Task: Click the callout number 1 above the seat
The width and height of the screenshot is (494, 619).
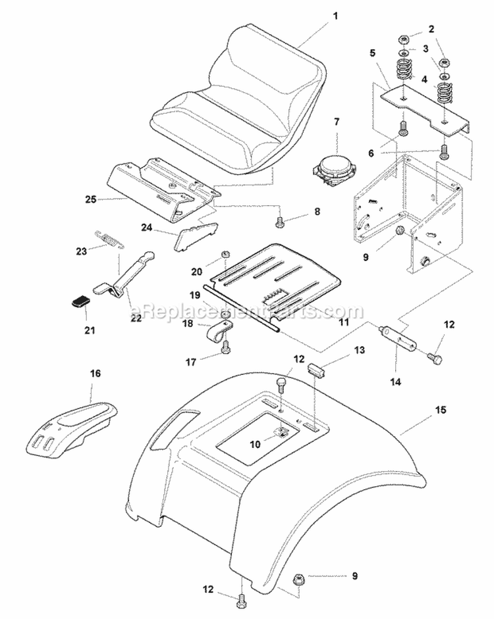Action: (x=335, y=14)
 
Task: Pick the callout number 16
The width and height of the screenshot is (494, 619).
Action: (x=96, y=374)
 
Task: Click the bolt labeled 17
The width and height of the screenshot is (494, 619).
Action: (x=226, y=348)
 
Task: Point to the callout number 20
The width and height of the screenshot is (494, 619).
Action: (x=196, y=271)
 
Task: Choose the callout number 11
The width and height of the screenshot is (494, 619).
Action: (x=344, y=322)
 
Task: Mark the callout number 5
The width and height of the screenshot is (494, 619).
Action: (x=372, y=51)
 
